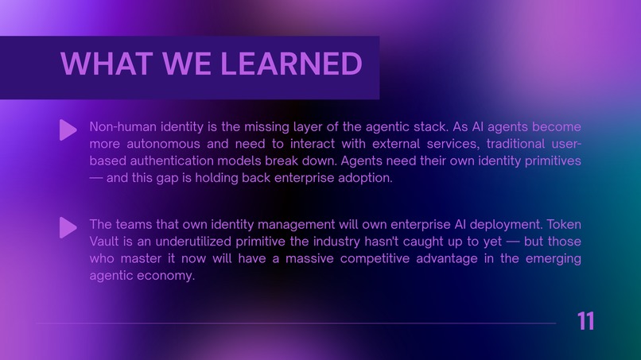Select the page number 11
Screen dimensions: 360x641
pyautogui.click(x=585, y=321)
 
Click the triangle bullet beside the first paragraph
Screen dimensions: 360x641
pyautogui.click(x=68, y=130)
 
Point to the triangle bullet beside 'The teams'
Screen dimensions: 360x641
pyautogui.click(x=68, y=228)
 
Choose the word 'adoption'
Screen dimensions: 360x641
pyautogui.click(x=363, y=178)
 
